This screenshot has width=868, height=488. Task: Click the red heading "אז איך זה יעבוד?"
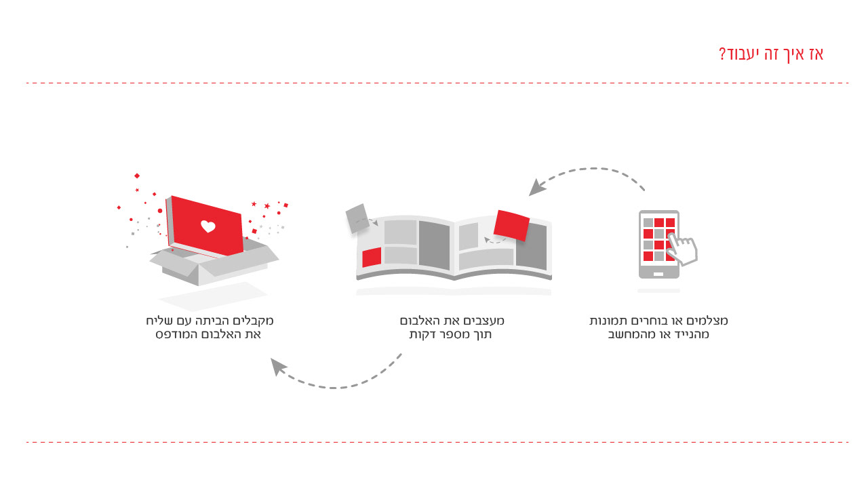pyautogui.click(x=772, y=54)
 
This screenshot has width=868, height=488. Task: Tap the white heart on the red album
pyautogui.click(x=208, y=226)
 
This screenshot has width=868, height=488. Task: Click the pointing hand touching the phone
pyautogui.click(x=684, y=249)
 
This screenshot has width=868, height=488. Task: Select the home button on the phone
pyautogui.click(x=658, y=274)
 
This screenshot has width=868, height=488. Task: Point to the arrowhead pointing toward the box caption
pyautogui.click(x=277, y=367)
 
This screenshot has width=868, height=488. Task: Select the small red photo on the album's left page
pyautogui.click(x=372, y=258)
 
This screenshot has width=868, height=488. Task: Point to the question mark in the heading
pyautogui.click(x=722, y=54)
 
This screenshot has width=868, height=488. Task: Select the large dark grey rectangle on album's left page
pyautogui.click(x=434, y=245)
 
